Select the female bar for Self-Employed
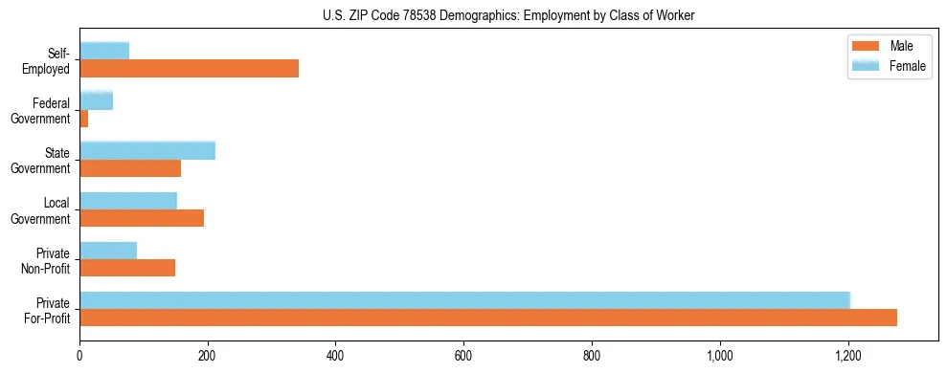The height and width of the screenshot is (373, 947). (104, 51)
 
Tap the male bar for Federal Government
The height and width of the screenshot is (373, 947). (84, 119)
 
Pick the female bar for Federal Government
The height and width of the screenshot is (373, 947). (96, 100)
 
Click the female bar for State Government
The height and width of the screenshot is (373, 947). (147, 150)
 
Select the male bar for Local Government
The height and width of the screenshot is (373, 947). (142, 218)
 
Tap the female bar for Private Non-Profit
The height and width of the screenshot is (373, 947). (108, 250)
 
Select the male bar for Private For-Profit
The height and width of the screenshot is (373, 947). (488, 318)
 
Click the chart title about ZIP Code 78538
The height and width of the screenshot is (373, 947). (508, 14)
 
